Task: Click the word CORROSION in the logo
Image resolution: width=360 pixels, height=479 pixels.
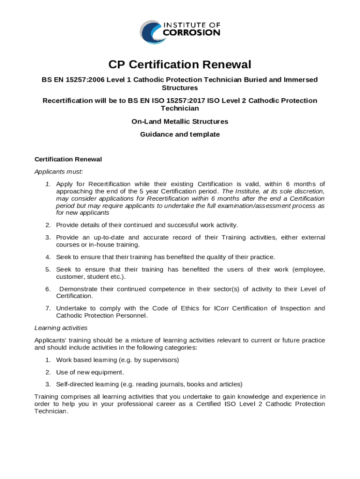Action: (x=192, y=33)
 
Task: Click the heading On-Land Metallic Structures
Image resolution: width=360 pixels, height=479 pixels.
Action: (x=180, y=122)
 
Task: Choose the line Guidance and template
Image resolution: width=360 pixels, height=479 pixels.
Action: (x=180, y=135)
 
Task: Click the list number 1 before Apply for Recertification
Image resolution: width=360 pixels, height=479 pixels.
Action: (x=48, y=184)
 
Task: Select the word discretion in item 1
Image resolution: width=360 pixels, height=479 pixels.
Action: (x=306, y=191)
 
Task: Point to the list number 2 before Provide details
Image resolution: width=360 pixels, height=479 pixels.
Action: (x=48, y=225)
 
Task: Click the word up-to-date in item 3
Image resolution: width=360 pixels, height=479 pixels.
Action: (x=108, y=238)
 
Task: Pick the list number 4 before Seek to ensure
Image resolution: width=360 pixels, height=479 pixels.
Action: (x=48, y=257)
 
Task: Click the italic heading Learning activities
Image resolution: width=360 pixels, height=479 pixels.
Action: (x=61, y=328)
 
